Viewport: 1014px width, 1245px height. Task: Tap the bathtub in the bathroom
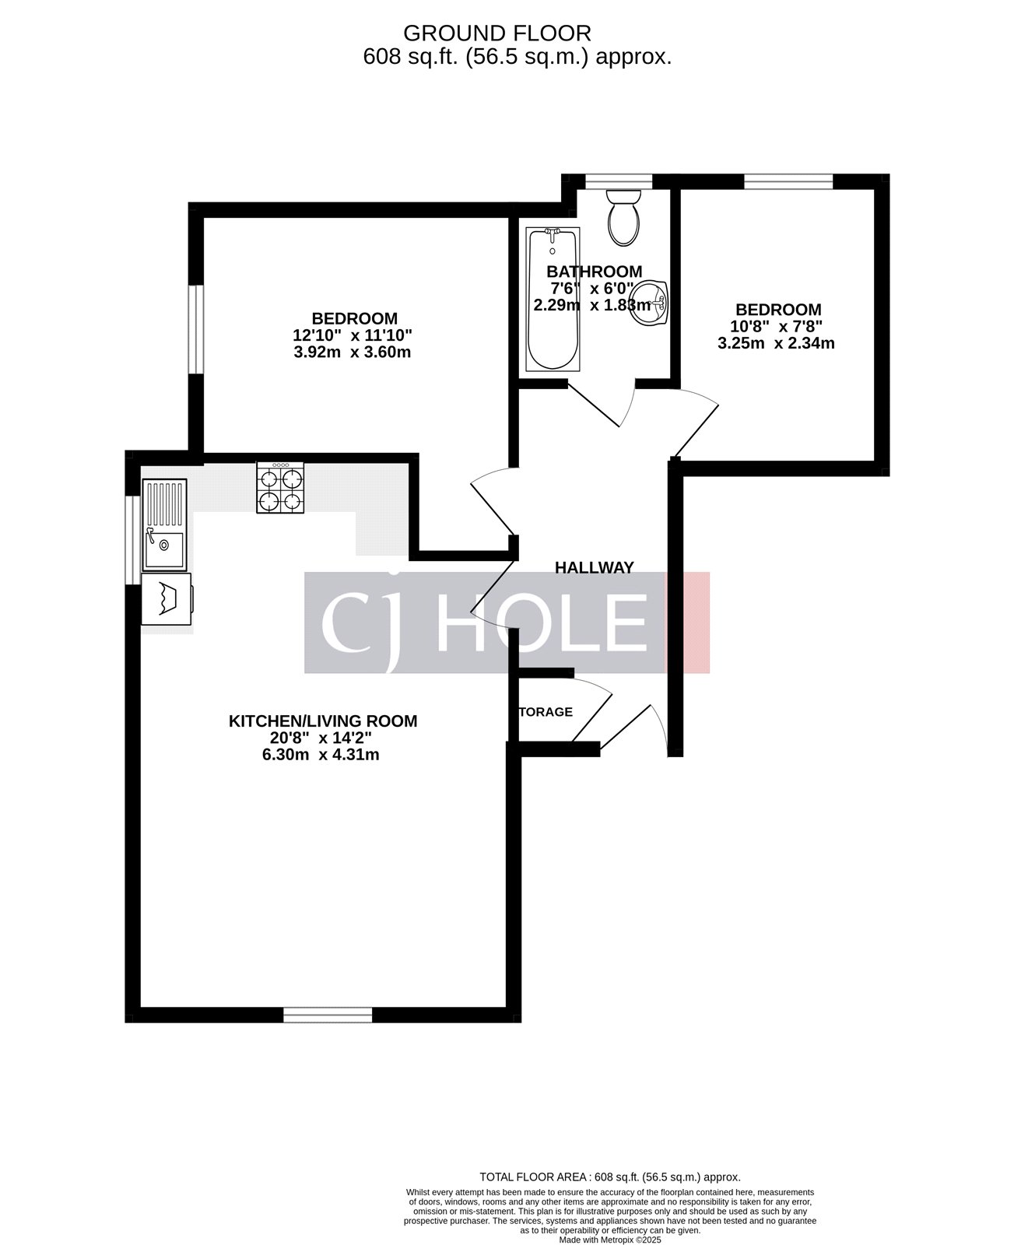point(553,299)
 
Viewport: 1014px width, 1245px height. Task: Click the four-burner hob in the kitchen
point(280,488)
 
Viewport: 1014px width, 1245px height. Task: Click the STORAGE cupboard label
point(546,712)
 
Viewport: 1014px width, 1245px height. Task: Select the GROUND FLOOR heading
point(496,33)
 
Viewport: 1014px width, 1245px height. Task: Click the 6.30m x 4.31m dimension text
point(321,755)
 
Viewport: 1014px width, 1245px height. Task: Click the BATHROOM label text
point(594,272)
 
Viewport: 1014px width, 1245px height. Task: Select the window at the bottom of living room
point(328,1015)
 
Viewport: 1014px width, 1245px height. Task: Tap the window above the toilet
point(619,181)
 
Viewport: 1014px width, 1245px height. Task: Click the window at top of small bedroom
point(788,181)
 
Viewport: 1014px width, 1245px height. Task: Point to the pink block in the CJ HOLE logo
point(688,622)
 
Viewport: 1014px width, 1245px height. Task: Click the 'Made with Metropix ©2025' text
point(609,1239)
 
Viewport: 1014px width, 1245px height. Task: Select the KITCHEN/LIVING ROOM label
point(322,721)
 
